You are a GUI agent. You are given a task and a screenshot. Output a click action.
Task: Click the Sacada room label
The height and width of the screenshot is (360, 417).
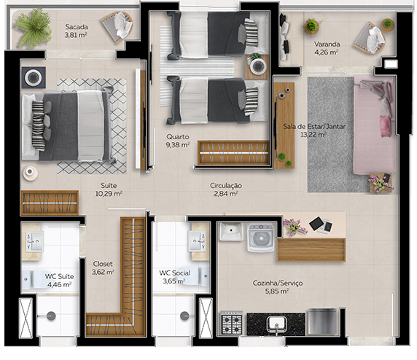pyautogui.click(x=76, y=25)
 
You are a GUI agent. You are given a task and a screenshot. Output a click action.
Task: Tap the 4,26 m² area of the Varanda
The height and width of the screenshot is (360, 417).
pyautogui.click(x=326, y=52)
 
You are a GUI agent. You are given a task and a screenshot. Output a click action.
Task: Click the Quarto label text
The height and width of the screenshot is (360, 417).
pyautogui.click(x=177, y=136)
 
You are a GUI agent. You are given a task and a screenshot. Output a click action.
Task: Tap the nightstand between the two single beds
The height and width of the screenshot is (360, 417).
pyautogui.click(x=257, y=65)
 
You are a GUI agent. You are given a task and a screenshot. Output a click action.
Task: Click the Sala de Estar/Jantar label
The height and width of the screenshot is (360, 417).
pyautogui.click(x=314, y=127)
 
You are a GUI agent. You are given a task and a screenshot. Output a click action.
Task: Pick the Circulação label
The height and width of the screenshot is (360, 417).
pyautogui.click(x=226, y=186)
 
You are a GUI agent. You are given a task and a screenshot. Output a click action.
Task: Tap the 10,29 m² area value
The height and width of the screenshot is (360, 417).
pyautogui.click(x=109, y=194)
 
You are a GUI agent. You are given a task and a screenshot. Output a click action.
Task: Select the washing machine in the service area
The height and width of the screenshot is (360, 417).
pyautogui.click(x=261, y=238)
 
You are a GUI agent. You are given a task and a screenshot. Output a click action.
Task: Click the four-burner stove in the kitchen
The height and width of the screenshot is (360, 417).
pyautogui.click(x=232, y=321)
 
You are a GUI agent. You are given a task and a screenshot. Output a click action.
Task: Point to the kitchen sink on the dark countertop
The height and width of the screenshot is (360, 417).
pyautogui.click(x=276, y=323)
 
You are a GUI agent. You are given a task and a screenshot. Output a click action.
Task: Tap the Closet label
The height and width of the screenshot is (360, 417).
pyautogui.click(x=103, y=264)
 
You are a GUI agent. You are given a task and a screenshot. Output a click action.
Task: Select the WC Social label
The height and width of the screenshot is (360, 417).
pyautogui.click(x=175, y=273)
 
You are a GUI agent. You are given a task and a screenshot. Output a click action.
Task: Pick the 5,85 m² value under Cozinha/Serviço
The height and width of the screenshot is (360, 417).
pyautogui.click(x=276, y=291)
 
